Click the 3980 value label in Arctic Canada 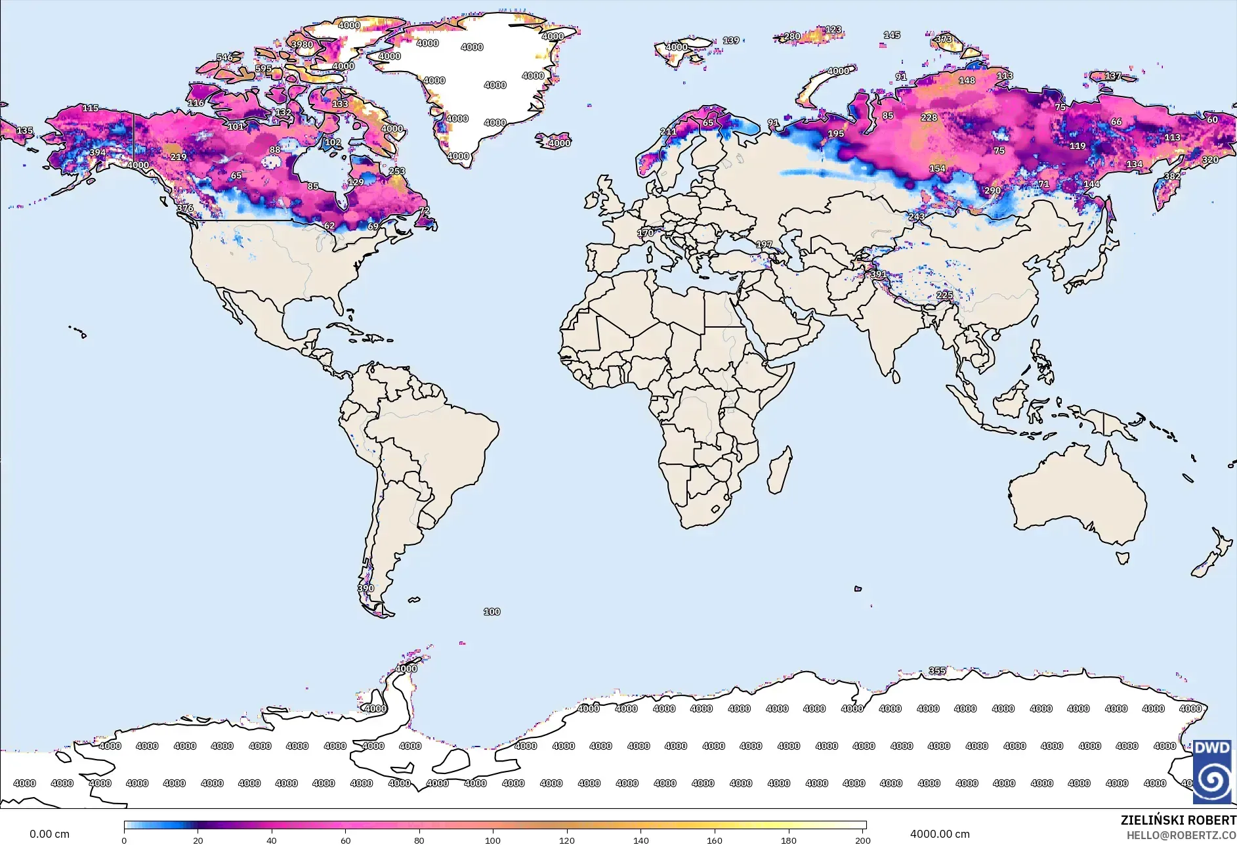point(302,45)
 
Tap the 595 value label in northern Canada point(263,68)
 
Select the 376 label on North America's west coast point(185,208)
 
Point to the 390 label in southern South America point(366,588)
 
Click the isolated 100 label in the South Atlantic point(492,612)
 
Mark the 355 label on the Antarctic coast point(937,670)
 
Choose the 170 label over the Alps point(645,233)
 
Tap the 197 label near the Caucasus point(764,244)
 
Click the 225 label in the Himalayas point(944,295)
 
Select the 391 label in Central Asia point(878,274)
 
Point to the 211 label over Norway point(668,131)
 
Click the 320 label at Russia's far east point(1210,160)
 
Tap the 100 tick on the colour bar point(493,840)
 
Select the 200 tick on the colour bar point(862,840)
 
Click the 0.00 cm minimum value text point(49,834)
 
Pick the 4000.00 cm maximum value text point(939,834)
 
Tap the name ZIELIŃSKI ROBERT point(1178,820)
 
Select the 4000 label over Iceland point(559,143)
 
